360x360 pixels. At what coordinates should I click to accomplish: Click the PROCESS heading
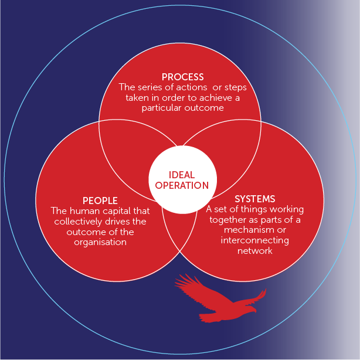pos(182,77)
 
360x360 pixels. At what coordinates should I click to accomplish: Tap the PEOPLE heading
pos(100,201)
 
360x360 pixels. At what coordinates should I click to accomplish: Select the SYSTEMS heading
pos(254,199)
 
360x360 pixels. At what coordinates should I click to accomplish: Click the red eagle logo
pos(220,299)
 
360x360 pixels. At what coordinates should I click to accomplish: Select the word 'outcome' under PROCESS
pos(205,108)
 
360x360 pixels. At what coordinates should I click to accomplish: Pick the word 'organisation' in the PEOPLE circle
pos(100,242)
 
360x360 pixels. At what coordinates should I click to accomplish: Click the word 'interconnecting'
pos(254,240)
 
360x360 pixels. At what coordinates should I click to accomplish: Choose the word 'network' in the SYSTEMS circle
pos(254,251)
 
